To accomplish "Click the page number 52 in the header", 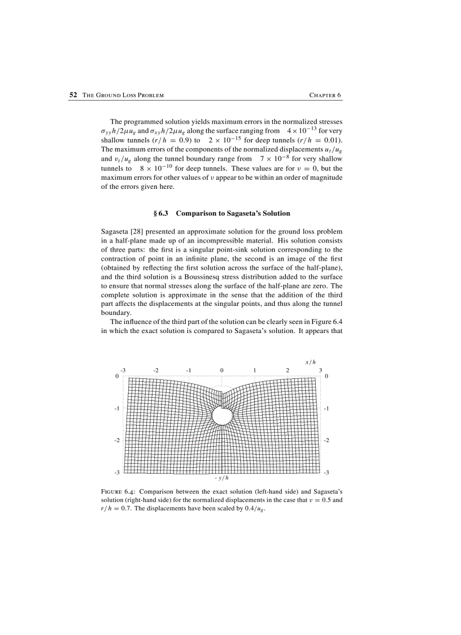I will pyautogui.click(x=73, y=95).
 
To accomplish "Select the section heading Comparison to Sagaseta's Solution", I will pyautogui.click(x=233, y=213).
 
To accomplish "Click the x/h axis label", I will pyautogui.click(x=310, y=362).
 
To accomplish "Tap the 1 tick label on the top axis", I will pyautogui.click(x=255, y=370).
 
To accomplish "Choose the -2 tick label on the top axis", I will pyautogui.click(x=156, y=370).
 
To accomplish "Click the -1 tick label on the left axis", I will pyautogui.click(x=116, y=408).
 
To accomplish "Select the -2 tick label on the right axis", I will pyautogui.click(x=327, y=440).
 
